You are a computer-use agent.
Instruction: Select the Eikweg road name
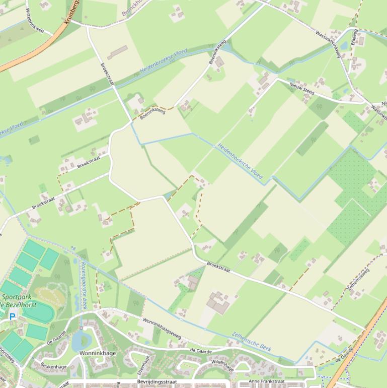click(x=354, y=37)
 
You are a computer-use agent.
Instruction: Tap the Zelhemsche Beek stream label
click(x=252, y=341)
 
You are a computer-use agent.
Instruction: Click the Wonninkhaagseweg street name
click(x=162, y=327)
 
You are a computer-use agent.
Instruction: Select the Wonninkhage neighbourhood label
click(x=98, y=353)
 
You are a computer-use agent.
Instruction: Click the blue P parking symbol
click(x=12, y=316)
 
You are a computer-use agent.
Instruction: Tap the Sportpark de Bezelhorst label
click(x=19, y=301)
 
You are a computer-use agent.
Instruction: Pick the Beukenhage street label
click(x=53, y=366)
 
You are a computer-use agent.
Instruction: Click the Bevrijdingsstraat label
click(x=157, y=382)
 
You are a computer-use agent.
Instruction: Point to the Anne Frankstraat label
click(x=266, y=381)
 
